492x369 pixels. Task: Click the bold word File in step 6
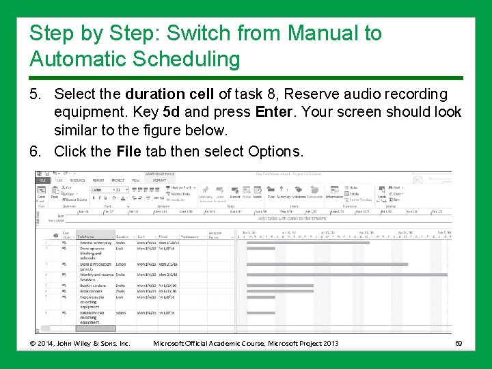pos(130,150)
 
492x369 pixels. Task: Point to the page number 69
pos(459,342)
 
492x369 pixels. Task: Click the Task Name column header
pos(87,236)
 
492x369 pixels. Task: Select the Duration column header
pos(122,236)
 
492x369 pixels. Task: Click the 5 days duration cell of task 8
pos(121,312)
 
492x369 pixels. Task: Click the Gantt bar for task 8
pos(256,312)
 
